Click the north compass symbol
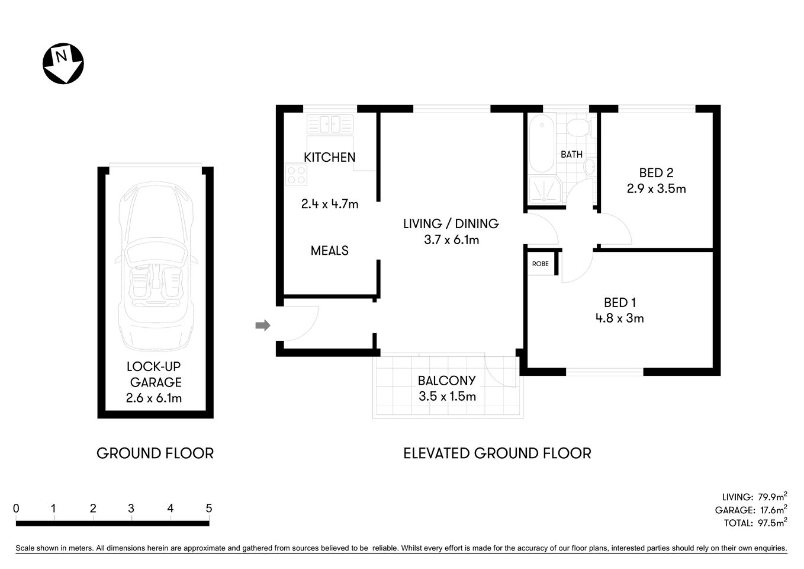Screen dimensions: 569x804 (x=63, y=63)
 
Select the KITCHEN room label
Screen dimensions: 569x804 (x=330, y=157)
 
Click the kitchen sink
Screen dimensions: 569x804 (x=330, y=124)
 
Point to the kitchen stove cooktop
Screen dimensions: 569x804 (x=296, y=175)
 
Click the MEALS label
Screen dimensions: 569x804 (x=330, y=251)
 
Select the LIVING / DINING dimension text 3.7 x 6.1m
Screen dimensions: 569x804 (x=451, y=240)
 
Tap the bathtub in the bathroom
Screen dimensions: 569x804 (x=541, y=142)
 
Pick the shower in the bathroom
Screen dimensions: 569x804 (x=543, y=190)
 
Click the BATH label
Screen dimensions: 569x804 (x=571, y=154)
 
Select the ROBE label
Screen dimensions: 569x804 (x=540, y=264)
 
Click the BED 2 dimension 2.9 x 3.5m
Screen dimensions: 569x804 (x=656, y=189)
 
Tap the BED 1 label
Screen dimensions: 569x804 (x=620, y=302)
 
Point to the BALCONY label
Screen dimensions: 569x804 (x=446, y=381)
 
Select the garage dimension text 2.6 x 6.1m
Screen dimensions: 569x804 (x=154, y=398)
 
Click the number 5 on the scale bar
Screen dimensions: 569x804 (x=208, y=509)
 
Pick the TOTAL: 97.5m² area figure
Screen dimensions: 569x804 (x=755, y=523)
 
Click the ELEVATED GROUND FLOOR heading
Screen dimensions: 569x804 (x=497, y=453)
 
